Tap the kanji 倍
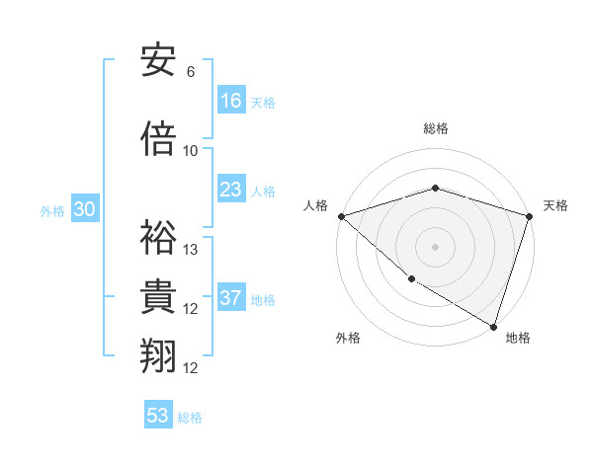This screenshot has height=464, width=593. (x=159, y=139)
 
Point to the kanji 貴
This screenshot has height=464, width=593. (x=159, y=298)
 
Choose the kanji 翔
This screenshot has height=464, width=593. (x=159, y=356)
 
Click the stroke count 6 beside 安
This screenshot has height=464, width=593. (x=191, y=72)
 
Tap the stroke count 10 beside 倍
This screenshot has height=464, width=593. (x=191, y=150)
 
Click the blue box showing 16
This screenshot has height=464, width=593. (x=231, y=100)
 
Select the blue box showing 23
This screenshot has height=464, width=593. (x=231, y=190)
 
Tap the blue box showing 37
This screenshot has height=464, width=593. (x=231, y=298)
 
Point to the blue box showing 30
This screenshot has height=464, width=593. (x=84, y=209)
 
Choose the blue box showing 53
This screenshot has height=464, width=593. (x=158, y=416)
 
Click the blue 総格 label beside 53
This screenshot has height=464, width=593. (x=190, y=417)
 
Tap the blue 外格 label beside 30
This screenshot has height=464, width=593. (x=52, y=210)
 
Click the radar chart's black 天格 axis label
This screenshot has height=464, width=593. (x=556, y=205)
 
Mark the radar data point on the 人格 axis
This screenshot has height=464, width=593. (x=341, y=216)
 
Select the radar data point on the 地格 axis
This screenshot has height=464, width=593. (x=493, y=326)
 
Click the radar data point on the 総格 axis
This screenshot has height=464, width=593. (x=435, y=188)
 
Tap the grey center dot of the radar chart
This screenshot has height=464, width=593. (x=435, y=246)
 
